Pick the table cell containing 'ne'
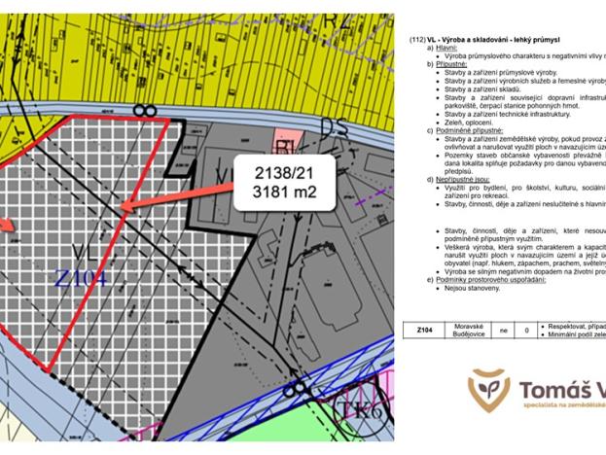pos(504,331)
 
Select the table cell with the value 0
pos(526,331)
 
